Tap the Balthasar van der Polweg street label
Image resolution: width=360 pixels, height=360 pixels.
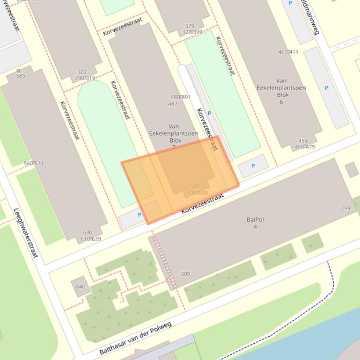click(x=135, y=338)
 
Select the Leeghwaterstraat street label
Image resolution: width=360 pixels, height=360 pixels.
click(x=25, y=232)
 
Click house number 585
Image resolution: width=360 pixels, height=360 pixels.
click(x=21, y=76)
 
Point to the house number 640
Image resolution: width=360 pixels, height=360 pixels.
click(x=81, y=287)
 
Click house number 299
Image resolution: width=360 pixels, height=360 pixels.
click(x=345, y=209)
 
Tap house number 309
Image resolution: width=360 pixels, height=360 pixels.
click(x=185, y=274)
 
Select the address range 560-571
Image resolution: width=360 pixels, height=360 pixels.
click(x=33, y=164)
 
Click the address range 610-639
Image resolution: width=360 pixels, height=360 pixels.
click(x=90, y=239)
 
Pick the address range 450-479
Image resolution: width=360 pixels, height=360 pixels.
click(x=305, y=147)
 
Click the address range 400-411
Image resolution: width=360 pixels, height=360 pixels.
click(x=288, y=52)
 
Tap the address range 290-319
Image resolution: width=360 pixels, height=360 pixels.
click(x=85, y=78)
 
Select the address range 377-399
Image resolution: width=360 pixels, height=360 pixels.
click(x=192, y=32)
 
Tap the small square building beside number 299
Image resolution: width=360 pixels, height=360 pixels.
click(x=352, y=169)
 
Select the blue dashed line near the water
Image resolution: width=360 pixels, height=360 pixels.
click(x=332, y=281)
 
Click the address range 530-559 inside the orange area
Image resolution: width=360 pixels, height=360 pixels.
click(x=198, y=193)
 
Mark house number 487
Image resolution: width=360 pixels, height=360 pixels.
click(x=172, y=104)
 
